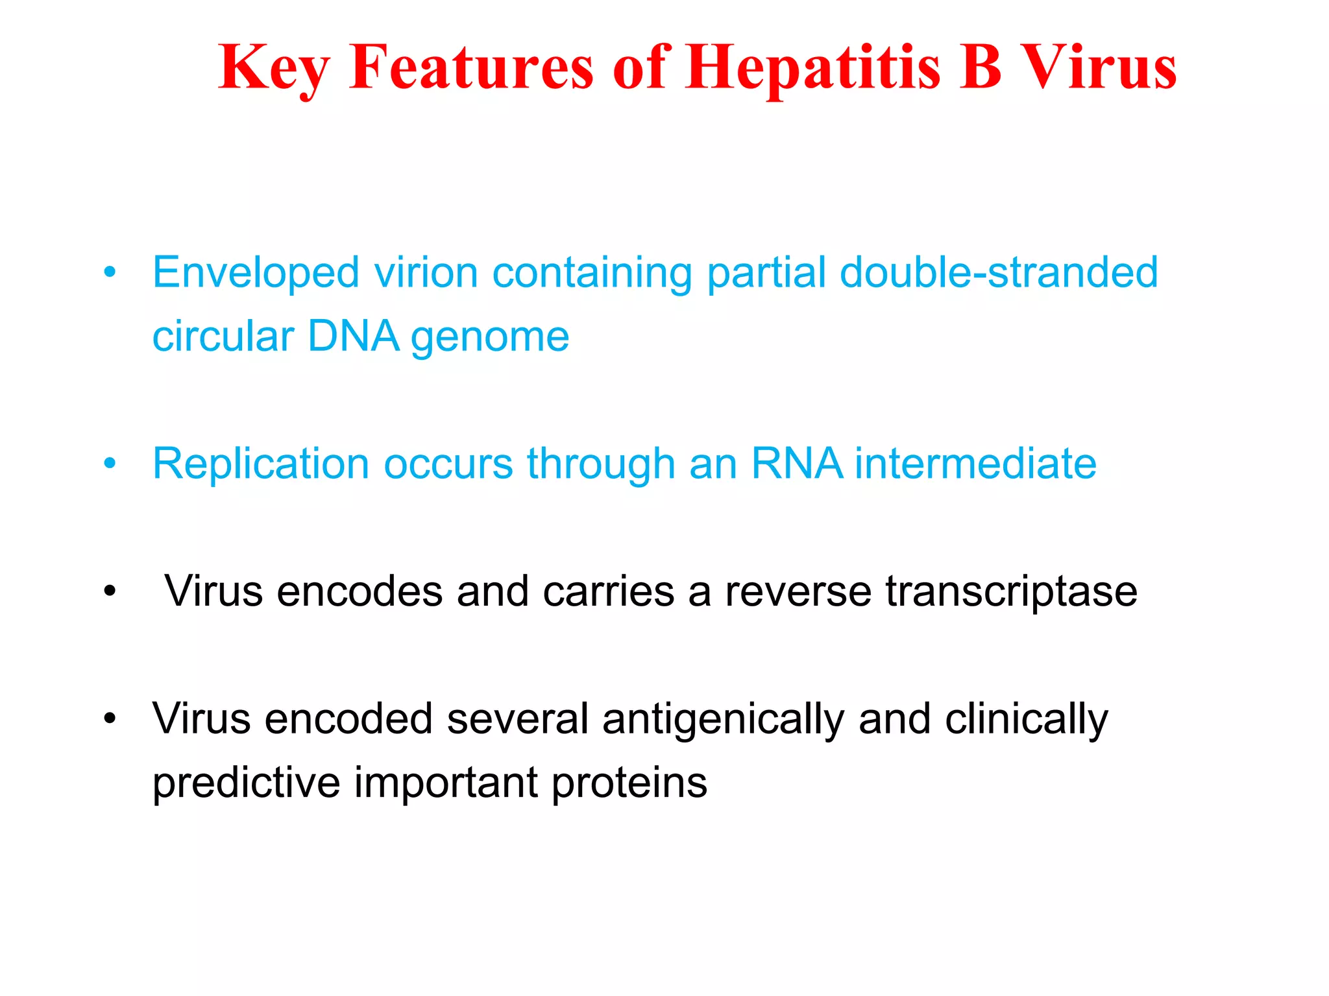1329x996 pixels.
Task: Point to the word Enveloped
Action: click(x=256, y=273)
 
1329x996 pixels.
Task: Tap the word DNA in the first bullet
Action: click(x=353, y=337)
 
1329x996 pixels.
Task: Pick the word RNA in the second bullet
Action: click(x=797, y=464)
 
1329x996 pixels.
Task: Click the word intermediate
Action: click(x=975, y=464)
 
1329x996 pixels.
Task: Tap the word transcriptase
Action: click(x=1011, y=592)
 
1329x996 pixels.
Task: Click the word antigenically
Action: click(x=723, y=720)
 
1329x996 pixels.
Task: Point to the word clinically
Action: click(x=1026, y=720)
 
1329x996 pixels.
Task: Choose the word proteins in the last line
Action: click(x=629, y=783)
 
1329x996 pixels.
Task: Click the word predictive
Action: click(x=246, y=783)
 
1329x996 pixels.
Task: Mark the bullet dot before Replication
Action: click(x=110, y=464)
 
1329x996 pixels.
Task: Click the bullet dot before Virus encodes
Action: click(x=110, y=592)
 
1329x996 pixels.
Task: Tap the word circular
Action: click(x=223, y=337)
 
